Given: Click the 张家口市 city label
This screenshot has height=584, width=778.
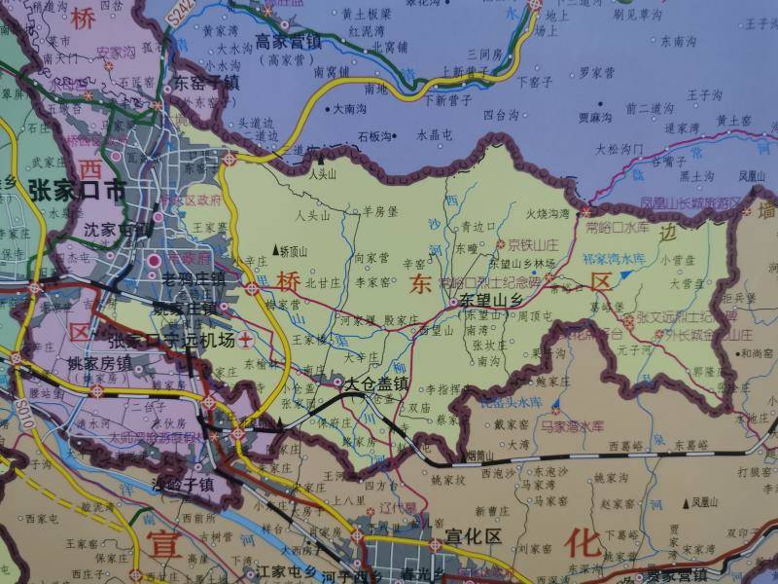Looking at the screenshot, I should pos(77,189).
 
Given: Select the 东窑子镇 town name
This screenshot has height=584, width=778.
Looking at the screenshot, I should pos(206,84).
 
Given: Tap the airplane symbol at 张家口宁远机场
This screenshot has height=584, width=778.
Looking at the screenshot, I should pos(247,340).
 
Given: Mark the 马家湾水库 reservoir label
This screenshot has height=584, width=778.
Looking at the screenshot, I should pos(574,425).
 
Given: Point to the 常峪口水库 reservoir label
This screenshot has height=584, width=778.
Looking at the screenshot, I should pos(617,227).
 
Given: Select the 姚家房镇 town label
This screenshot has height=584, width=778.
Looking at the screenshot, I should pos(98,363).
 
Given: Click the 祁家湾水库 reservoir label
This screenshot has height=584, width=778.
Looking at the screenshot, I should pos(613,259).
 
